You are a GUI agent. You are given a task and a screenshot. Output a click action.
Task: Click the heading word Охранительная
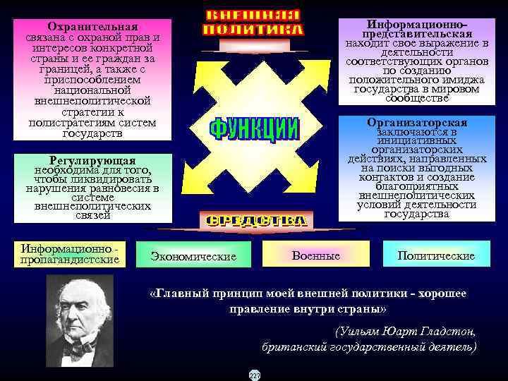tap(92, 26)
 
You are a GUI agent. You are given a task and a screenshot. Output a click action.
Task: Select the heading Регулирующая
tap(92, 161)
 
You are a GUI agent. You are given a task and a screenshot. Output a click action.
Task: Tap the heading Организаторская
tap(417, 123)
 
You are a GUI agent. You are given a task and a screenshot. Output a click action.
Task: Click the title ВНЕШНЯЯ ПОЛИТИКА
tap(253, 23)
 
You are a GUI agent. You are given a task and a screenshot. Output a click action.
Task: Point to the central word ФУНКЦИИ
tap(254, 130)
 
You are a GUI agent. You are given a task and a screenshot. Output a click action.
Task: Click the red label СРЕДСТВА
tap(255, 221)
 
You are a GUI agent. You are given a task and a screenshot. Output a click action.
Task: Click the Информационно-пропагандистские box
tap(70, 255)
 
